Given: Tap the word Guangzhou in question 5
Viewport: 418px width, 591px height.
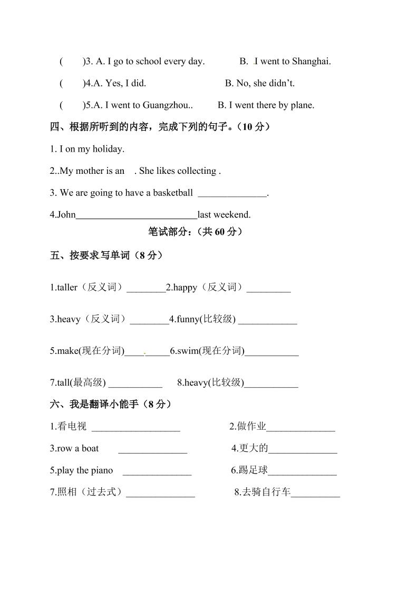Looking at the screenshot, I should click(x=166, y=105).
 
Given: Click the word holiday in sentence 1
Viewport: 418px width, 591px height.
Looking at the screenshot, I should click(x=108, y=149).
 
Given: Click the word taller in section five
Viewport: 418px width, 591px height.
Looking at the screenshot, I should click(x=66, y=288).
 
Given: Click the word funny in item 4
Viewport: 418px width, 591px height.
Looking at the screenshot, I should click(x=187, y=319).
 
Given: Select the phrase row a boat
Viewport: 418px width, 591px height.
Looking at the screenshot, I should click(x=74, y=449).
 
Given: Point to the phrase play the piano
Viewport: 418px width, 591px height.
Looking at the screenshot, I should click(x=81, y=470).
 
